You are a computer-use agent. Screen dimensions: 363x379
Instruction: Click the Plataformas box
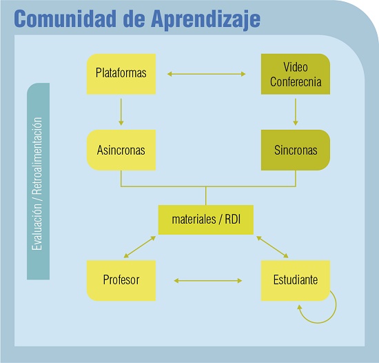[121, 73]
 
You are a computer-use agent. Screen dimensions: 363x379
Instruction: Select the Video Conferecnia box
[296, 74]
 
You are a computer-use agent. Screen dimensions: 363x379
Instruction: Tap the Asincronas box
[121, 150]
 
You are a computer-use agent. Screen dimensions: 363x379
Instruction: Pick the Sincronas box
[296, 150]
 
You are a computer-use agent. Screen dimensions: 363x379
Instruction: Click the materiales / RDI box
[206, 219]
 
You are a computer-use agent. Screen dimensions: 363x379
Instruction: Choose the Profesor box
[121, 280]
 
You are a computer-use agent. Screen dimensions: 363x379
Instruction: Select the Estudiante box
[296, 280]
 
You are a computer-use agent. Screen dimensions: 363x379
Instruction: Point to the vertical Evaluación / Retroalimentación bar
[39, 181]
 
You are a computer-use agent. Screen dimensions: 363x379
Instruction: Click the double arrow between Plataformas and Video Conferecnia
[207, 73]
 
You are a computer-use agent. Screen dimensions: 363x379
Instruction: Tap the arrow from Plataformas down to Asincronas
[121, 111]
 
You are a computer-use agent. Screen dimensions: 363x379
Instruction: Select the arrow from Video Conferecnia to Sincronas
[296, 111]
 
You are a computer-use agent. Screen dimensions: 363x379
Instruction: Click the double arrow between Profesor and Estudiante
[208, 281]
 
